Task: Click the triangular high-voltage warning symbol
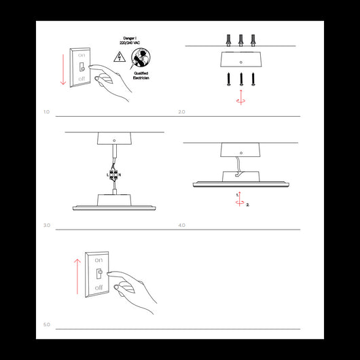click(119, 57)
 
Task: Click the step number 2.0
click(181, 111)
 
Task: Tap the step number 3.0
click(47, 225)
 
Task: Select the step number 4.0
click(181, 225)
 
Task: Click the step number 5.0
click(47, 325)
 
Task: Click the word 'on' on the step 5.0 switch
click(99, 260)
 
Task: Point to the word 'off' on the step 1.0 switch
click(82, 80)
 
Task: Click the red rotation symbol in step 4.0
click(240, 200)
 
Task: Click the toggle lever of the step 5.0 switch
click(99, 274)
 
